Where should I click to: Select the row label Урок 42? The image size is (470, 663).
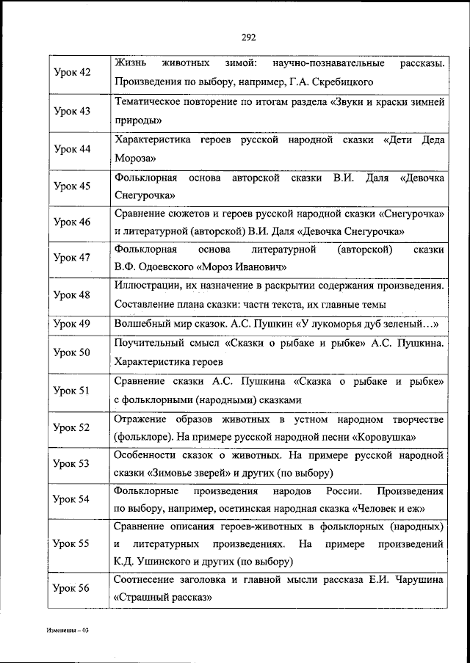(73, 73)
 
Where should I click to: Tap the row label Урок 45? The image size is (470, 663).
(73, 186)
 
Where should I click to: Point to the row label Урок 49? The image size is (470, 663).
(73, 324)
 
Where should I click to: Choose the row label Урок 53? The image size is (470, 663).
(73, 464)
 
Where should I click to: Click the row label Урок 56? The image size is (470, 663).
(73, 589)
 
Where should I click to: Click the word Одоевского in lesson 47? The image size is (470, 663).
(180, 267)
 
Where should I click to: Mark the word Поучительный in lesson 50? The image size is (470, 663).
(150, 343)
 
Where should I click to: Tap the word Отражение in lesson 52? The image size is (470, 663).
(143, 419)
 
